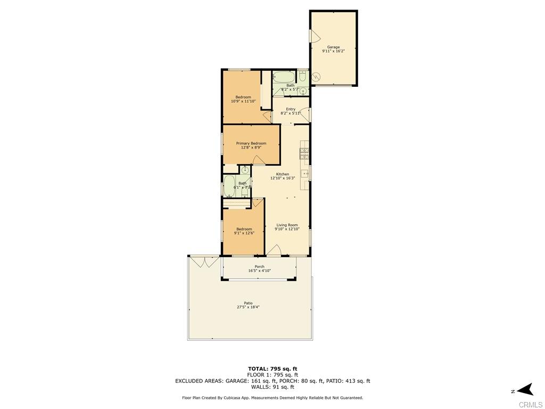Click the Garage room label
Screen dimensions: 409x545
333,47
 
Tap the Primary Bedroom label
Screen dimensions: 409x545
251,143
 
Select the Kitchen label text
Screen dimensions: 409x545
283,174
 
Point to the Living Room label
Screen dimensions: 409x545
287,225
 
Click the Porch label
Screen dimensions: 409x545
260,266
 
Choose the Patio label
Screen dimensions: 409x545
248,303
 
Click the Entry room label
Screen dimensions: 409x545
291,109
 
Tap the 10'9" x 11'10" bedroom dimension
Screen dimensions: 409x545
243,101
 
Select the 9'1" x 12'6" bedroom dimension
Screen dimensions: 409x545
244,233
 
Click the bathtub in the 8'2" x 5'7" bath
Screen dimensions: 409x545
284,77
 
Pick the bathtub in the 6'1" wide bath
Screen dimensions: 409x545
229,186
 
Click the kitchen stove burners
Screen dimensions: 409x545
305,153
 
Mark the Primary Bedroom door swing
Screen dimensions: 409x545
259,160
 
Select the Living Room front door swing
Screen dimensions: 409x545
274,250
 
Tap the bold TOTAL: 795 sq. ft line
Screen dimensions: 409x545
272,369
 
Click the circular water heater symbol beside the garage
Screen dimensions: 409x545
317,77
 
